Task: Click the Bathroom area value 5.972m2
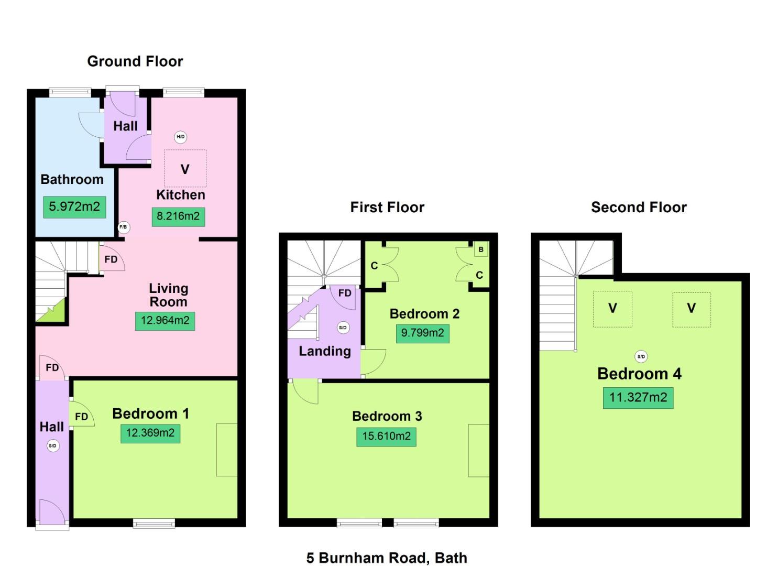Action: pos(74,207)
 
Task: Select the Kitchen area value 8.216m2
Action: pos(178,216)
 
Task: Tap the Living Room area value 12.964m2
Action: pos(165,321)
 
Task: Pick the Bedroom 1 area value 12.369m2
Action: pos(150,433)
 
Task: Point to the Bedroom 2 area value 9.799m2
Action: pos(422,333)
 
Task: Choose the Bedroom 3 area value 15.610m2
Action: pos(386,437)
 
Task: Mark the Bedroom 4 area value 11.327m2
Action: pos(638,398)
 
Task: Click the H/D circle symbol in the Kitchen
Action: pos(180,137)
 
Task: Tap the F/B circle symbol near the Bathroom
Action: pos(123,227)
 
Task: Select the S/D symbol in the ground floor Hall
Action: pos(52,446)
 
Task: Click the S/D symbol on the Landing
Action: pos(343,328)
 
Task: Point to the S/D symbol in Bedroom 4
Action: pos(641,356)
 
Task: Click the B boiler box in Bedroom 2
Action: pos(481,249)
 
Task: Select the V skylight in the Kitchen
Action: pos(185,169)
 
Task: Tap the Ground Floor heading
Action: pos(135,61)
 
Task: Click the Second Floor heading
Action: pos(639,208)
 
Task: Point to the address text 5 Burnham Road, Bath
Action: pos(387,558)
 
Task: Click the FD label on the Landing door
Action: pos(345,293)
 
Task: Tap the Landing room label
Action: pos(325,351)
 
